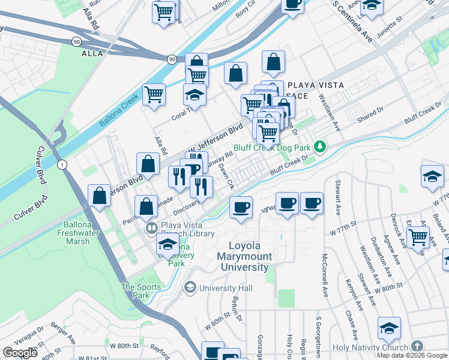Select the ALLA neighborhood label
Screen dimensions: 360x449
92,53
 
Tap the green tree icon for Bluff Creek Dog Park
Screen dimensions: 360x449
321,146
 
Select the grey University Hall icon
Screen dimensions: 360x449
190,288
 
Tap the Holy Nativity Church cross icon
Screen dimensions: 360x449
417,347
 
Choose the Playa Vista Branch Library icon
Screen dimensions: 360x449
151,228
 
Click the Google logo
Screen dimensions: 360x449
19,352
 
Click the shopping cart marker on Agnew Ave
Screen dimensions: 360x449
418,236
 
